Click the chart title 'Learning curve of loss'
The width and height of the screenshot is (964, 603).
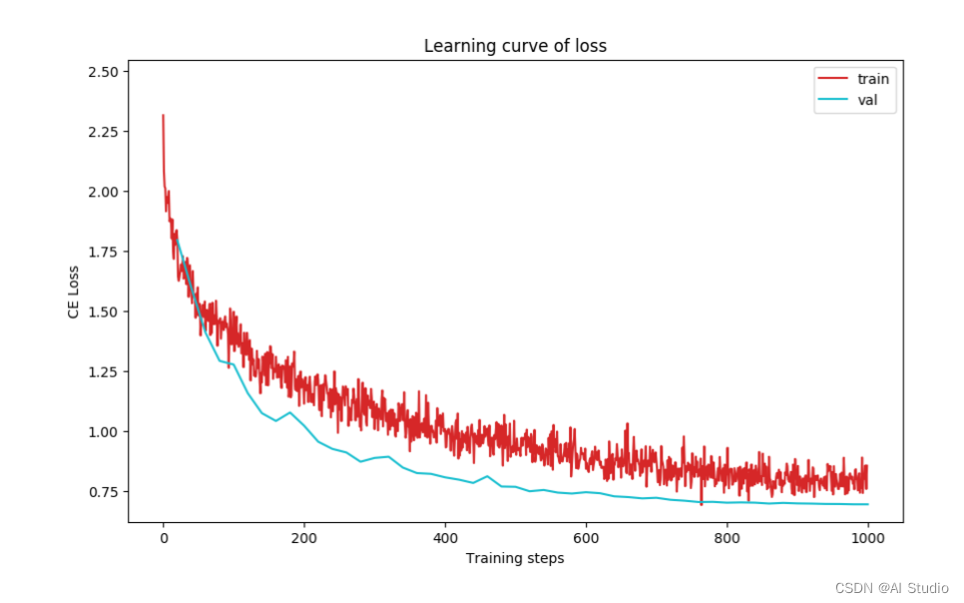(x=515, y=46)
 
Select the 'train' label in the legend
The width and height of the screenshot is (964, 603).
(x=872, y=79)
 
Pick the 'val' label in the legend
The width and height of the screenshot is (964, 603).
(x=867, y=100)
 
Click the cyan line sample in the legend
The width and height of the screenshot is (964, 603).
(x=833, y=100)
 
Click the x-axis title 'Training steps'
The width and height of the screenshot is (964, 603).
(x=515, y=558)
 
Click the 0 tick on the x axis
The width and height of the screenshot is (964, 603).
(x=164, y=537)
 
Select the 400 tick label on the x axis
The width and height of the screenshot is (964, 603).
(x=445, y=537)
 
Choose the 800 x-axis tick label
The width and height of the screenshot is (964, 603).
(x=727, y=537)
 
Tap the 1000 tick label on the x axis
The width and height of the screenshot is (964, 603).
(x=868, y=537)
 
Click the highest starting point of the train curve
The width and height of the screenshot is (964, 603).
(x=163, y=116)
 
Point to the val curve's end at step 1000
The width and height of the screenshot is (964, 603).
(x=867, y=504)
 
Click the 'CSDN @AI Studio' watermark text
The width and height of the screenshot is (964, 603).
(x=891, y=588)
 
